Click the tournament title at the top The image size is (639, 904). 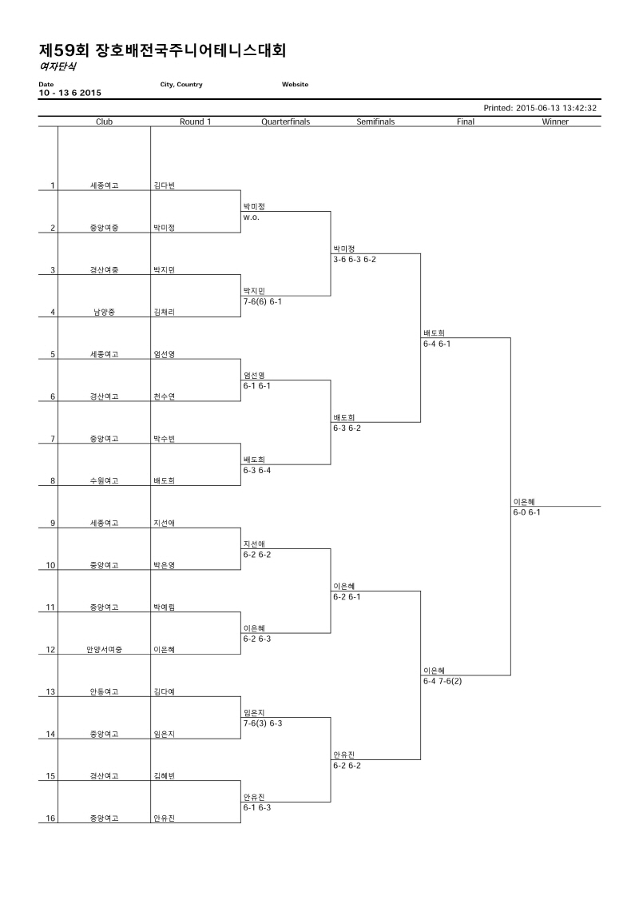point(162,50)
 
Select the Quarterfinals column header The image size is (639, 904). point(285,121)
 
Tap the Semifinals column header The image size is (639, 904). point(375,121)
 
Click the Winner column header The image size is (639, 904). point(555,121)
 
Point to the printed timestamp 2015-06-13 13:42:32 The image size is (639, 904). point(556,108)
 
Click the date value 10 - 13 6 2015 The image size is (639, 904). point(69,93)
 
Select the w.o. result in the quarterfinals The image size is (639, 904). point(252,217)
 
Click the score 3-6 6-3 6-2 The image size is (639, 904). point(355,260)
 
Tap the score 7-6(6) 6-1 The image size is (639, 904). point(262,301)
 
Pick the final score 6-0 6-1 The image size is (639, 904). point(526,512)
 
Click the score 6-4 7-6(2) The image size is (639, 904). point(443,682)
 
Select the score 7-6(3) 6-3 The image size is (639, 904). point(263,723)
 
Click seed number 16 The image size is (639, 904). point(50,818)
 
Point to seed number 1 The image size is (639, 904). point(53,185)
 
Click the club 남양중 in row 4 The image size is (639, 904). point(105,312)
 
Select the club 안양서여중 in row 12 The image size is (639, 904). point(105,650)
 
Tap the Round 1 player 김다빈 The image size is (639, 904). point(165,185)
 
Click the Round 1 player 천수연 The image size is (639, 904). point(165,396)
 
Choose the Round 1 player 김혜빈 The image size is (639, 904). point(165,776)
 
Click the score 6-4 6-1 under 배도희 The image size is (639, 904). point(437,344)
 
